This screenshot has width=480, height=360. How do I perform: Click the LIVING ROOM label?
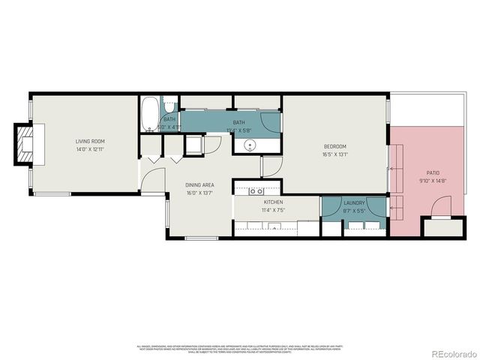[89, 141]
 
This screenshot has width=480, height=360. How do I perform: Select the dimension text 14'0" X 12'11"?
[89, 148]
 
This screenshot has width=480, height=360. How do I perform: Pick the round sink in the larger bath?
[249, 145]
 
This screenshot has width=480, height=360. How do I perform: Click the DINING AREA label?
[199, 184]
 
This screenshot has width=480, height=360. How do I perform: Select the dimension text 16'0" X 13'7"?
[199, 192]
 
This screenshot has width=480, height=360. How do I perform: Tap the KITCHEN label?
[272, 202]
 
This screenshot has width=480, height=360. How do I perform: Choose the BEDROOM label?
[334, 147]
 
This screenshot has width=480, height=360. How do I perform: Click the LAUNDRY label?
[354, 202]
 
